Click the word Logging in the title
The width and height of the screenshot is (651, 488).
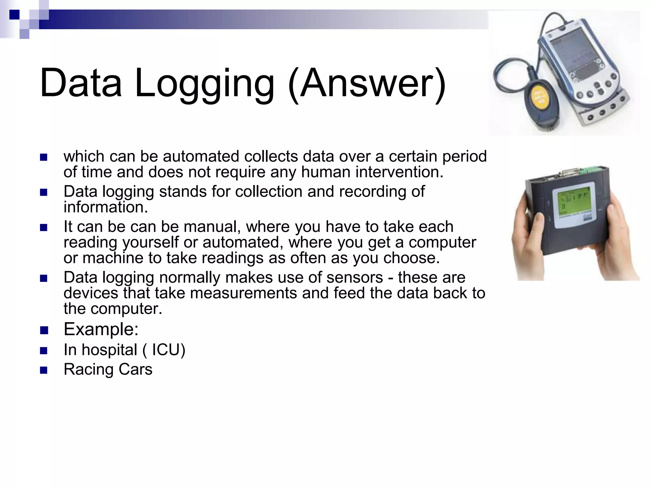coord(204,83)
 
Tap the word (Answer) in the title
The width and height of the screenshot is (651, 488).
coord(367,83)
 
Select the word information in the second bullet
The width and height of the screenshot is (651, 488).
coord(106,207)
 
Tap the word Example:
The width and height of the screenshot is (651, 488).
coord(101,329)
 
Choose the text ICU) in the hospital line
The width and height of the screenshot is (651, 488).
coord(168,350)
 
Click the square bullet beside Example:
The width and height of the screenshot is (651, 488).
coord(44,330)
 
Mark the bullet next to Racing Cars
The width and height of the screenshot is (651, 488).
coord(44,370)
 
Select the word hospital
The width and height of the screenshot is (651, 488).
coord(109,350)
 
